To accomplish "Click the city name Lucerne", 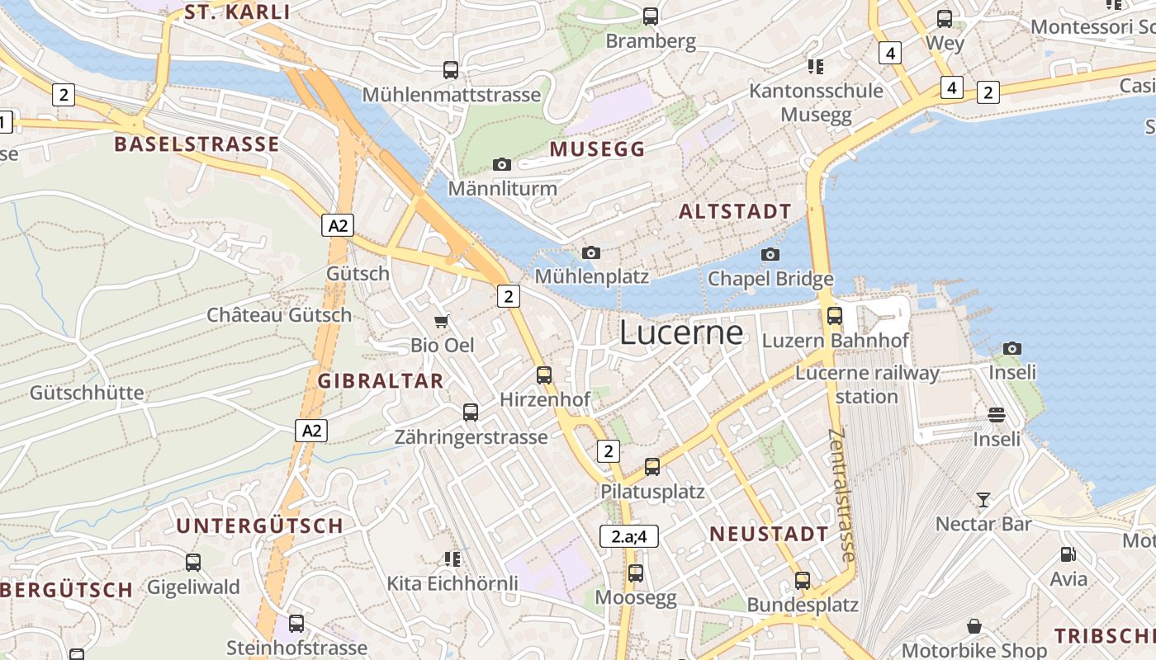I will [681, 332].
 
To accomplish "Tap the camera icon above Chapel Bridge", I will [770, 254].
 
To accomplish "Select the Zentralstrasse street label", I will [843, 495].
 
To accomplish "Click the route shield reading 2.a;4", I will [629, 536].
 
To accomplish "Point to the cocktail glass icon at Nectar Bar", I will [983, 499].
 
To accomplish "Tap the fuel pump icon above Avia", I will [1068, 554].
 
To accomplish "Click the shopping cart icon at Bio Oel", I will [443, 321].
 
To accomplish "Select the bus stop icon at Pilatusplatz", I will [652, 467].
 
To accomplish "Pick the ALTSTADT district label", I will [735, 212].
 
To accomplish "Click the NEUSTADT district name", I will [769, 534].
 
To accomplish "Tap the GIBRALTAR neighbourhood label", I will [381, 381].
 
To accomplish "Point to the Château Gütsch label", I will [279, 315].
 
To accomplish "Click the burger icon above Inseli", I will [997, 414].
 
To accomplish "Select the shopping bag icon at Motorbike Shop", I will [974, 626].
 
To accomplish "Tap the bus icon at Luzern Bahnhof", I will [835, 315].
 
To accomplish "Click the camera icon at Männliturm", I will [502, 164].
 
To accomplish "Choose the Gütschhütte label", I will [87, 393].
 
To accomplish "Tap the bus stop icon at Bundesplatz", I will [803, 581].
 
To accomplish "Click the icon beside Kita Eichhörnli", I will [452, 559].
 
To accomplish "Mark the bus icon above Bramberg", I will [651, 16].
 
